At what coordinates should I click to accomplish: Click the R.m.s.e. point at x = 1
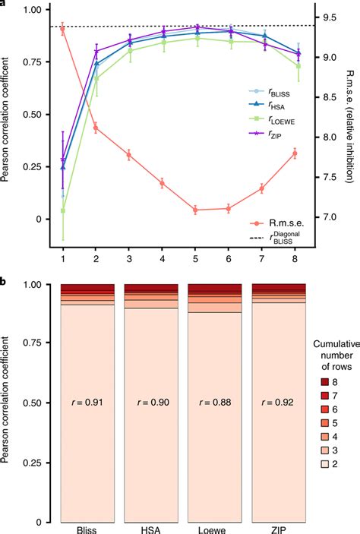pos(62,28)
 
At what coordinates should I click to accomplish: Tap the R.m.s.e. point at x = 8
pos(295,153)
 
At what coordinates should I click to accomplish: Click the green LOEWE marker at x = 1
pos(62,210)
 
